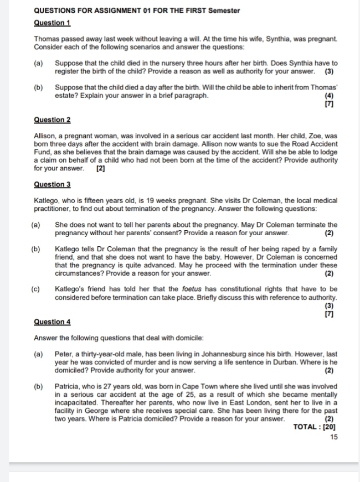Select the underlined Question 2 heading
pyautogui.click(x=52, y=120)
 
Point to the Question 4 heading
pyautogui.click(x=52, y=322)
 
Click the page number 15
pyautogui.click(x=333, y=437)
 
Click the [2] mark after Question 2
pyautogui.click(x=100, y=168)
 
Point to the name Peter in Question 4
pyautogui.click(x=64, y=354)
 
